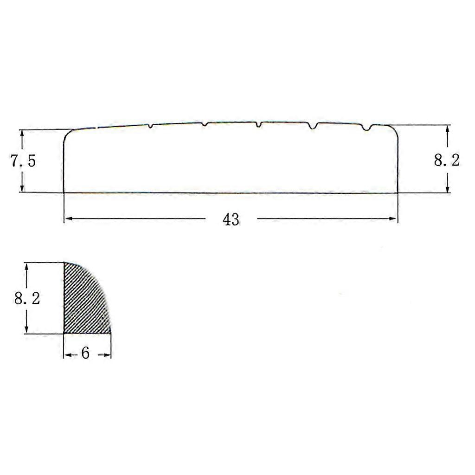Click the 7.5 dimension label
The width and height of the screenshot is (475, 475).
(23, 160)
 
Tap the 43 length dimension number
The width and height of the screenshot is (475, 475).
(231, 219)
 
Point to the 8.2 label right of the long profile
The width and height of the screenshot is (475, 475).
(447, 160)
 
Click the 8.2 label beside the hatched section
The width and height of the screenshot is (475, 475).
(27, 299)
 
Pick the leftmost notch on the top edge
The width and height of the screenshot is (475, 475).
(151, 126)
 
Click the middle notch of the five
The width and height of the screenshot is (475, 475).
(258, 124)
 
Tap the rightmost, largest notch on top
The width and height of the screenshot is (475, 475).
(367, 128)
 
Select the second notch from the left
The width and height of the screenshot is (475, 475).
(205, 124)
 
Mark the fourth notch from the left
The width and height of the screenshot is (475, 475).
(312, 126)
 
